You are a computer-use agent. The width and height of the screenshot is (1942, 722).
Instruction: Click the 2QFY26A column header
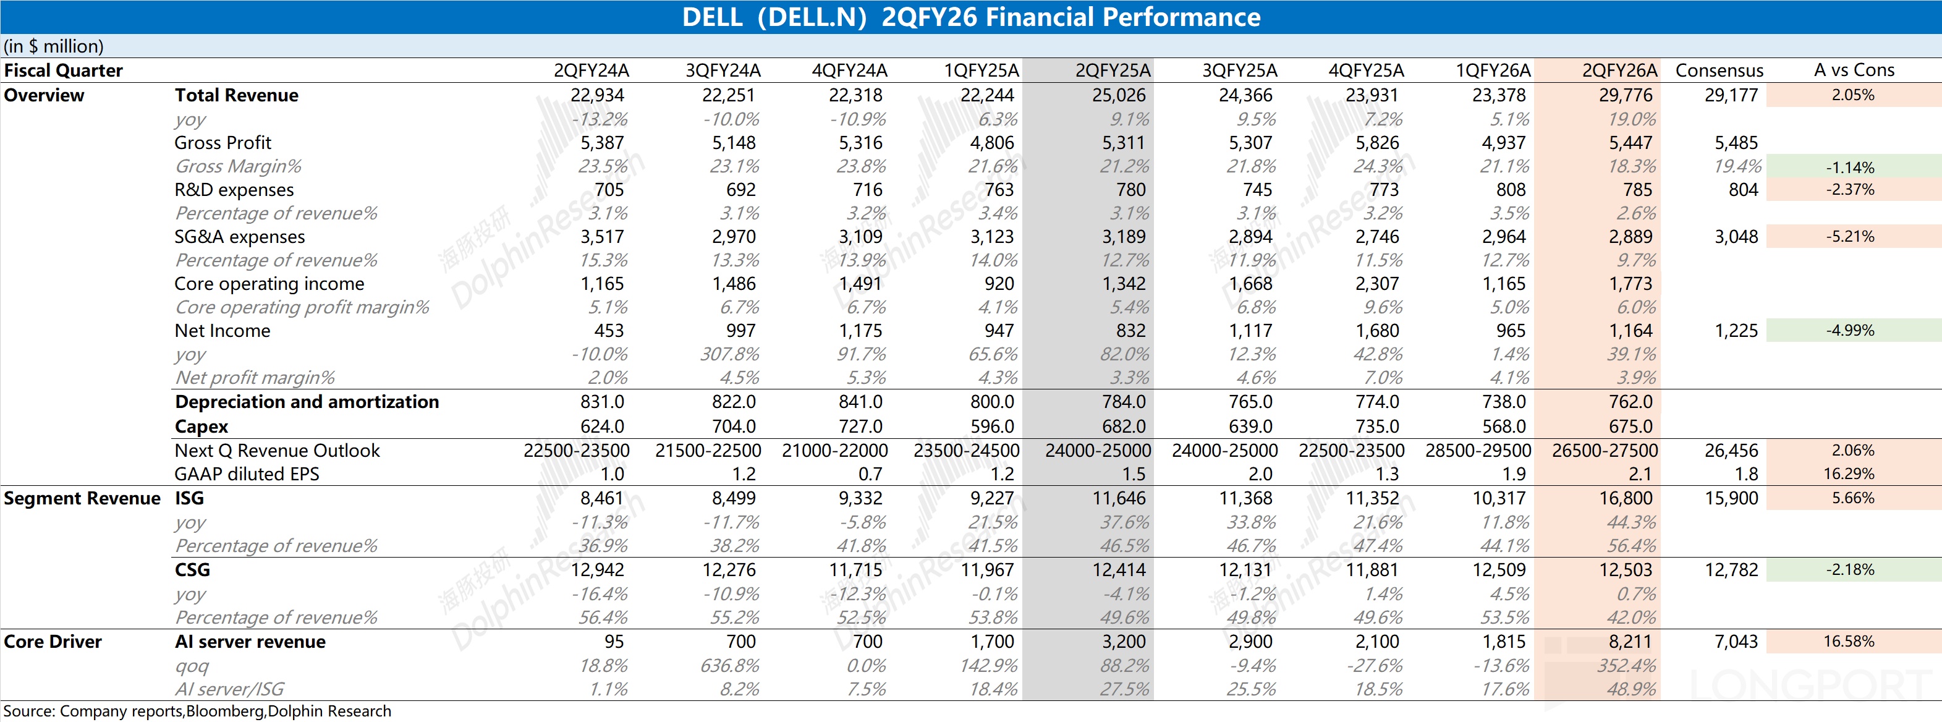pos(1619,70)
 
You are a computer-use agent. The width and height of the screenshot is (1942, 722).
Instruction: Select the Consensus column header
pos(1719,70)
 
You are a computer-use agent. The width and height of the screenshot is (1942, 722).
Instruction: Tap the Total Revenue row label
pos(236,95)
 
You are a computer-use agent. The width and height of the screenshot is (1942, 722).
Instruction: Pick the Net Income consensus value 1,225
pos(1736,330)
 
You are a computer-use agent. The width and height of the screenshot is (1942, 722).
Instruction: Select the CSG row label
pos(192,570)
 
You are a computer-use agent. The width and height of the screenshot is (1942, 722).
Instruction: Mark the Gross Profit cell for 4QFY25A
pos(1376,142)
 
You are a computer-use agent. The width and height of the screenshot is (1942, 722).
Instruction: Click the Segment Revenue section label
pos(82,498)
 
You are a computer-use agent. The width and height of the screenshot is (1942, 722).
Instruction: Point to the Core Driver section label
pos(52,642)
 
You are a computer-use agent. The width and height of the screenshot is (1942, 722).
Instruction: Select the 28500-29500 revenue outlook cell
pos(1478,451)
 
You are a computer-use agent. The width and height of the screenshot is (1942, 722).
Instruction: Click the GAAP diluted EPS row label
pos(247,474)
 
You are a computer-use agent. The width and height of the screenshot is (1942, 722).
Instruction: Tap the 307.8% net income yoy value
pos(728,354)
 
